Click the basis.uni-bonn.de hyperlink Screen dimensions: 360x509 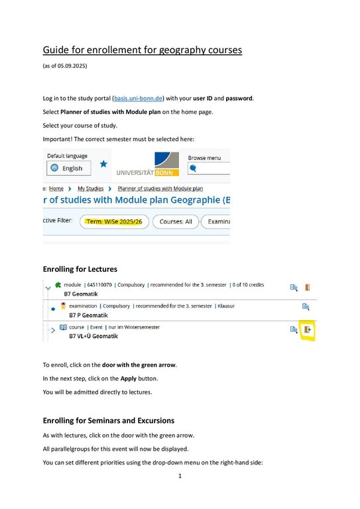[x=139, y=99]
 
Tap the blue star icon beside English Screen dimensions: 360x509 [x=103, y=164]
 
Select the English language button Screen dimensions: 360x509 [x=67, y=168]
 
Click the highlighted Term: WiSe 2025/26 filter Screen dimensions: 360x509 [x=114, y=221]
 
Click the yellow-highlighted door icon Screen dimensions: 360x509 [x=307, y=329]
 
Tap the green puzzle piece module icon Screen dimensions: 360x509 [x=58, y=285]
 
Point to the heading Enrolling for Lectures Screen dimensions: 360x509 [x=80, y=269]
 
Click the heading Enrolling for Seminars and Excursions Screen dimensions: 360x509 [x=108, y=420]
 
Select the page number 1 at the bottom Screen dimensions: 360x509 [x=180, y=476]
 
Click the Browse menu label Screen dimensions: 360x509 [x=206, y=158]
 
